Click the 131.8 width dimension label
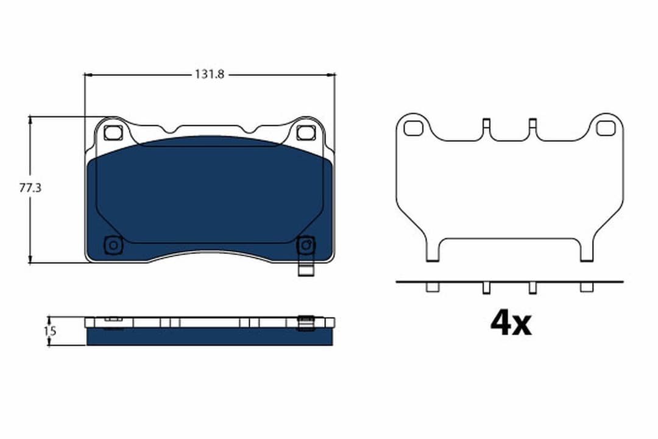click(x=210, y=74)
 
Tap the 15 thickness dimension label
click(x=51, y=331)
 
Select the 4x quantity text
click(x=511, y=324)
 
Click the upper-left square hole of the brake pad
click(x=113, y=132)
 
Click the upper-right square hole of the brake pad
click(x=306, y=132)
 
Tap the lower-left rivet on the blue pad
click(x=113, y=245)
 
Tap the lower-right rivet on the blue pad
click(x=306, y=245)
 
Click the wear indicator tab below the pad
click(x=305, y=268)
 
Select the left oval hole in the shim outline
click(x=413, y=128)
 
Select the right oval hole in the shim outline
click(x=606, y=128)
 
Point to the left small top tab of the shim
click(x=486, y=124)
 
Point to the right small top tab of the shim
click(x=532, y=124)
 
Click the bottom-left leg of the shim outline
click(x=432, y=251)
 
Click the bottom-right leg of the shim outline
click(x=586, y=251)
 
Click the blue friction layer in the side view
click(x=210, y=337)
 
